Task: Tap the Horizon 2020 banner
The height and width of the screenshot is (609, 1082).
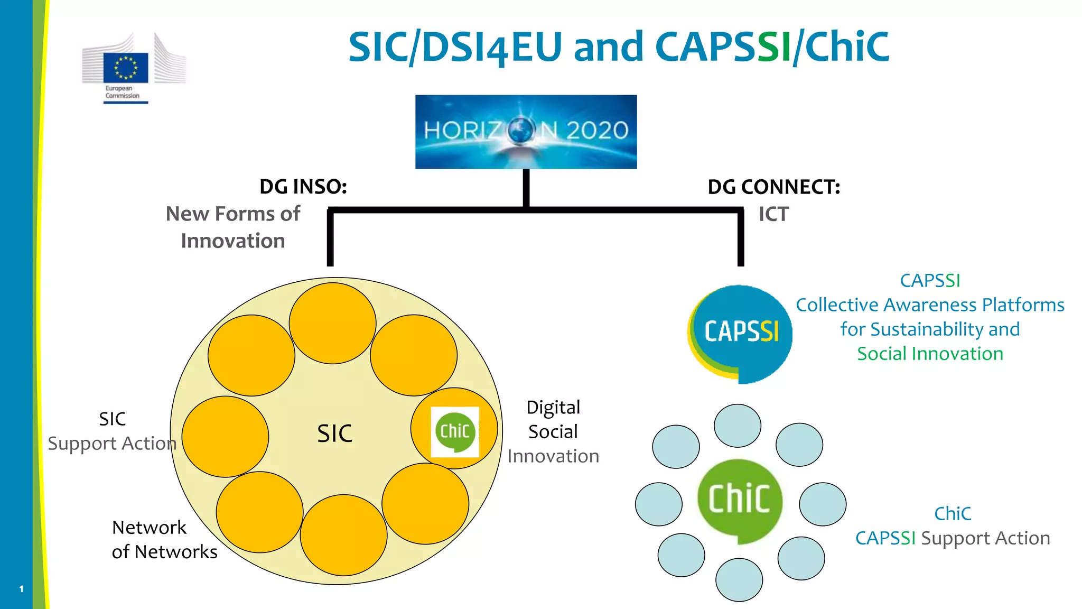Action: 526,132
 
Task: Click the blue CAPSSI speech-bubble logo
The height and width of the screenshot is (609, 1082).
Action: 741,333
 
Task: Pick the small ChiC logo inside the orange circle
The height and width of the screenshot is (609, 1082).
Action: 455,431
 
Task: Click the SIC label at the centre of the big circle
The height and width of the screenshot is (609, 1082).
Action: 334,433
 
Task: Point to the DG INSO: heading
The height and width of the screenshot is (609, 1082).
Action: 303,187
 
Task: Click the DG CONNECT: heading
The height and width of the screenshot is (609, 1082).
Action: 773,187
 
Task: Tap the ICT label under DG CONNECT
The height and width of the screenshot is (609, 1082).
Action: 773,214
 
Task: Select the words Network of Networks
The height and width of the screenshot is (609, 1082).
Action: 164,539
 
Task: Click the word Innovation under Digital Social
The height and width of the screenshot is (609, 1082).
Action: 553,456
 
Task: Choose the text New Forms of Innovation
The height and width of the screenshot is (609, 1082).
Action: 233,227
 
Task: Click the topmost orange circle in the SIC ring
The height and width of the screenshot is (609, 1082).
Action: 332,323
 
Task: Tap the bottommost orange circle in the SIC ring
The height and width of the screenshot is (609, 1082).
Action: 343,535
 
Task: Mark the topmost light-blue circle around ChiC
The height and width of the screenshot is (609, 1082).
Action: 737,426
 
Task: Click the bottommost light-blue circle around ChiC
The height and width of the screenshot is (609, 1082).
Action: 739,580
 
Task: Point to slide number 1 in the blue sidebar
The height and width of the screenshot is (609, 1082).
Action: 21,588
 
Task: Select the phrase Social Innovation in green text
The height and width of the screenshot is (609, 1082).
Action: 930,354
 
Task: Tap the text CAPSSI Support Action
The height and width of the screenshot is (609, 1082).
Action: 953,538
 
